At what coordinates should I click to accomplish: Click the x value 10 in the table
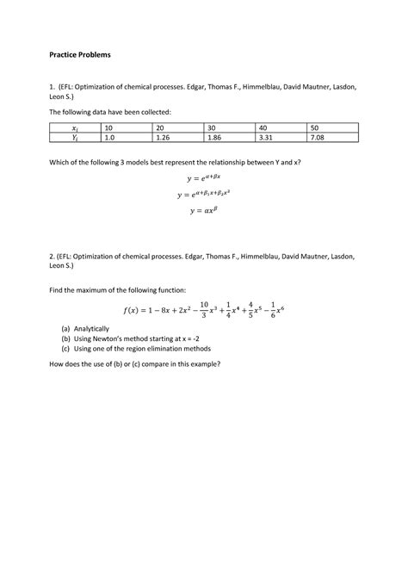click(x=108, y=127)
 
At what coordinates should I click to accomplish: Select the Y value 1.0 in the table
click(x=109, y=137)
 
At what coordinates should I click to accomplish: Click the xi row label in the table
click(x=74, y=127)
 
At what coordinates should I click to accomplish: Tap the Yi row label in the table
click(x=74, y=137)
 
